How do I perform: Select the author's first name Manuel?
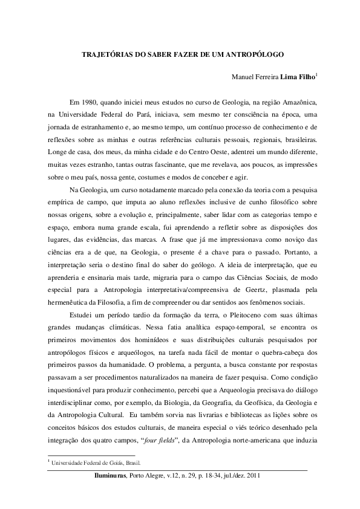pos(244,78)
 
